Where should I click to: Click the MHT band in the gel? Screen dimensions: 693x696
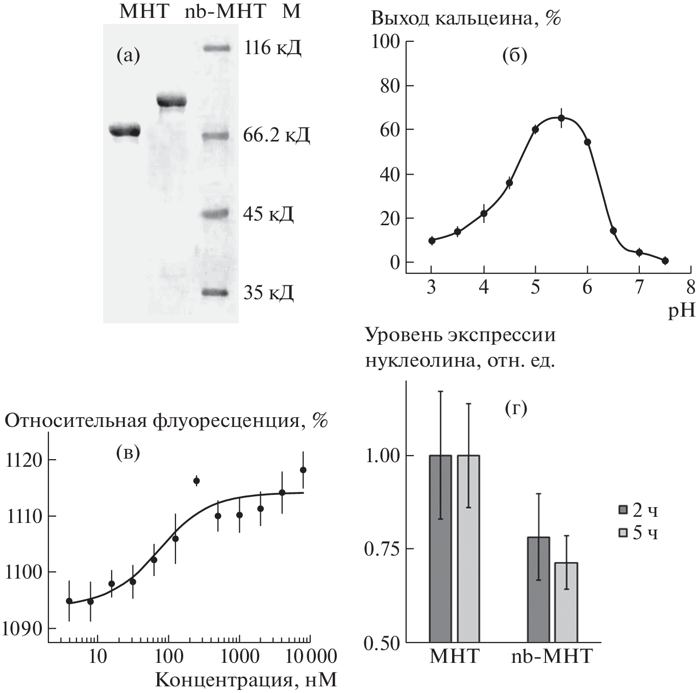pyautogui.click(x=125, y=131)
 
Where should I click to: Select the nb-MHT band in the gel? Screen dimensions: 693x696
pyautogui.click(x=171, y=101)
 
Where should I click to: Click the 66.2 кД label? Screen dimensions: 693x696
pyautogui.click(x=277, y=135)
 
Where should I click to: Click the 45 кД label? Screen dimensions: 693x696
pyautogui.click(x=268, y=214)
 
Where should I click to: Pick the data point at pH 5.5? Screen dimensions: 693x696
pyautogui.click(x=561, y=118)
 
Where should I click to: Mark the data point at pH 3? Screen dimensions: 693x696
pyautogui.click(x=432, y=241)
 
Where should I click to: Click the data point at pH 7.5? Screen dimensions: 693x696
pyautogui.click(x=665, y=260)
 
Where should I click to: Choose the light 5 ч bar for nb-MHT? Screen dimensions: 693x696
pyautogui.click(x=566, y=602)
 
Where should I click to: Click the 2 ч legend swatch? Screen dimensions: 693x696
pyautogui.click(x=622, y=510)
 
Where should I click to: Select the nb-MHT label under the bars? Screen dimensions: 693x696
pyautogui.click(x=552, y=656)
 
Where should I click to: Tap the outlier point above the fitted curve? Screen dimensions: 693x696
pyautogui.click(x=196, y=481)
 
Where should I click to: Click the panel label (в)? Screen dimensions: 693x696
pyautogui.click(x=128, y=452)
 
